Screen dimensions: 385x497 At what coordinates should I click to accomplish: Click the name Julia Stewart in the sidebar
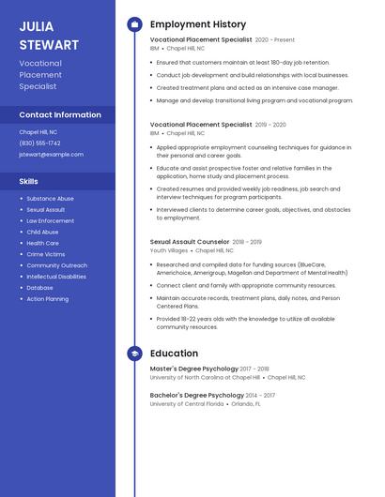pos(49,35)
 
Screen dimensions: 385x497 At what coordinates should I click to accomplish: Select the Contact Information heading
pos(60,114)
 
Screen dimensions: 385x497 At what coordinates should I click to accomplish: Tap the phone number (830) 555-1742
pos(40,143)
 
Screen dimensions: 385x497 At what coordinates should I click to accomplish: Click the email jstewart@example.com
pos(51,154)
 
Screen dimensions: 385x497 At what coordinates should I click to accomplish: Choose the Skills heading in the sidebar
pos(29,181)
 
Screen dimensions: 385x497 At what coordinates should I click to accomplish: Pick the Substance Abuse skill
pos(50,199)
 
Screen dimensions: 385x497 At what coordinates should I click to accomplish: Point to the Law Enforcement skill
pos(51,221)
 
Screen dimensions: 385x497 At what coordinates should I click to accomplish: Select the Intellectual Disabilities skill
pos(56,277)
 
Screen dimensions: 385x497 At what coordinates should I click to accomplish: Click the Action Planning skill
pos(47,299)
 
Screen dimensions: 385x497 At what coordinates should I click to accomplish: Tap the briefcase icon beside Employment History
pos(134,24)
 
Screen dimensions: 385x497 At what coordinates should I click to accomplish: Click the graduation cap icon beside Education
pos(134,354)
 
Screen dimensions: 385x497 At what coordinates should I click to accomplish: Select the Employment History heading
pos(198,24)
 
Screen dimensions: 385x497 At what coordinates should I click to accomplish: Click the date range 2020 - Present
pos(275,40)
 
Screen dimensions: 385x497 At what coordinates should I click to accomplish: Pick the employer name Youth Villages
pos(169,250)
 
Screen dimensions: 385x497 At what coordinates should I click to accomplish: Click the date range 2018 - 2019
pos(247,242)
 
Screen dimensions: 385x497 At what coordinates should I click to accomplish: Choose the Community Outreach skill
pos(56,265)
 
